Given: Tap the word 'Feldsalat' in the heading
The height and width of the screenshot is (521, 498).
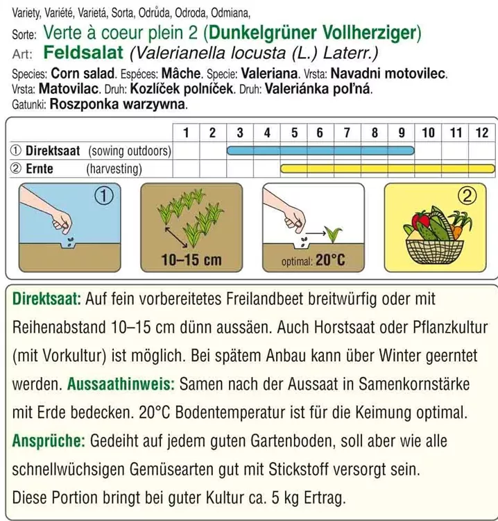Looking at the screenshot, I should click(x=83, y=53).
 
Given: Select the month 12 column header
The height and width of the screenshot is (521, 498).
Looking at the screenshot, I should click(x=482, y=132).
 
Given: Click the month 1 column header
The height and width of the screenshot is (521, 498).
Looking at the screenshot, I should click(x=185, y=132).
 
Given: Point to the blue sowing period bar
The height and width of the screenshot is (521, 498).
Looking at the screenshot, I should click(x=320, y=150).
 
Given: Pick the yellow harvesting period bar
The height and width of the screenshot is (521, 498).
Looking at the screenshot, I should click(x=387, y=168).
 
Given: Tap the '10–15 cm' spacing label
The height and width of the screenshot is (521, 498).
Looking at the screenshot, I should click(x=191, y=260).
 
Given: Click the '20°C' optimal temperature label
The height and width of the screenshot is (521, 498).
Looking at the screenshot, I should click(x=330, y=260).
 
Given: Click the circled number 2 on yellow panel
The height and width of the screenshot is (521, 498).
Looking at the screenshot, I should click(x=470, y=197).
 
